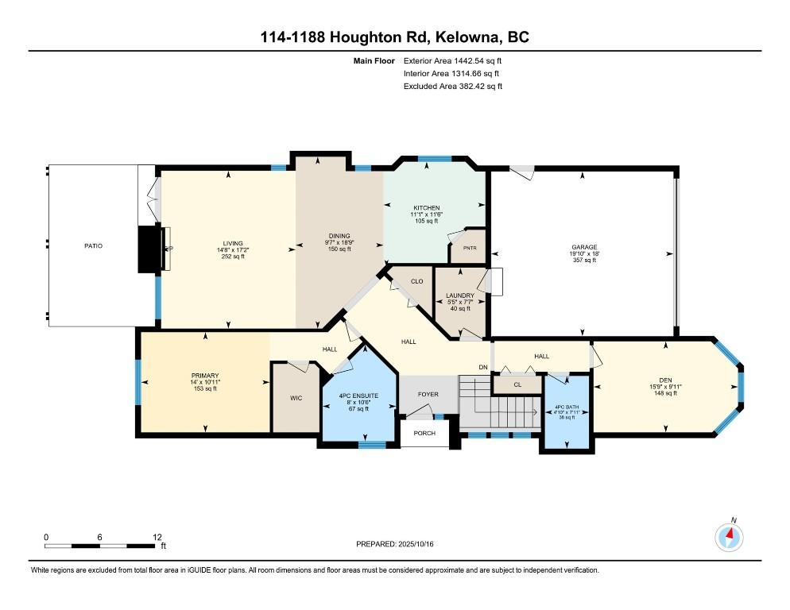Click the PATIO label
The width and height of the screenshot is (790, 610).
93,245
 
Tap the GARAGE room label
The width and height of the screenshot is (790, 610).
584,247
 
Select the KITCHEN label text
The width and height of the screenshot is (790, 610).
427,207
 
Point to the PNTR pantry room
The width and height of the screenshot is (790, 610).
470,248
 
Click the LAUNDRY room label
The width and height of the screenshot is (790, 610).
460,295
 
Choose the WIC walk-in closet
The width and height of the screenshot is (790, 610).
296,398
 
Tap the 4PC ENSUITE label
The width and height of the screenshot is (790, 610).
358,396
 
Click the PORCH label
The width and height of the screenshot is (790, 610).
424,433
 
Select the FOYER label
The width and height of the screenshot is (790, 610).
428,395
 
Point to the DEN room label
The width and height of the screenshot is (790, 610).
665,380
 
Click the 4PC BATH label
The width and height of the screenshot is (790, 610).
567,407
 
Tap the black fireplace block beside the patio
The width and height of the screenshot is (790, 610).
150,249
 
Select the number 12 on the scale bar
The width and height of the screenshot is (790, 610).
157,537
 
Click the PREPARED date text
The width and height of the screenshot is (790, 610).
394,544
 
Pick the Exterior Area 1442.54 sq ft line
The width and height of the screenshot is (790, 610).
452,61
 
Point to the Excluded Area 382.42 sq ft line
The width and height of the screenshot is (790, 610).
453,86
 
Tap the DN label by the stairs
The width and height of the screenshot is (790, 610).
483,367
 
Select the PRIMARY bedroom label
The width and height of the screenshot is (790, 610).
205,375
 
